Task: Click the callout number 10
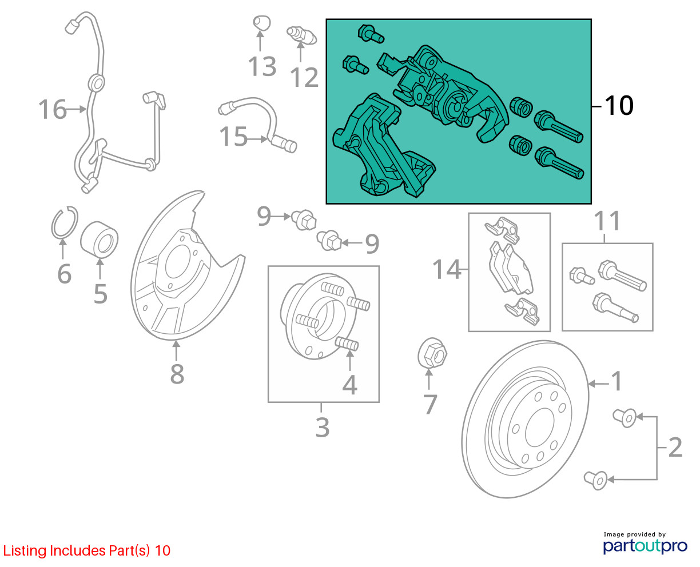(619, 106)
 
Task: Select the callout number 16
(53, 109)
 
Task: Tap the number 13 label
(262, 67)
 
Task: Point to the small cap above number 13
(261, 23)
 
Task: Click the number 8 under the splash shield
(177, 374)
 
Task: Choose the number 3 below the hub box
(323, 427)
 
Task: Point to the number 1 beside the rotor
(617, 381)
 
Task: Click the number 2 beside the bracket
(675, 448)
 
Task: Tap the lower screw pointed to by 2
(595, 479)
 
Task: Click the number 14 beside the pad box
(447, 269)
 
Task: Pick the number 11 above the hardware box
(607, 221)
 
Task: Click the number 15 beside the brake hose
(234, 137)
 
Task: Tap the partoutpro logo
(645, 544)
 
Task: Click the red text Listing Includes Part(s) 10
(87, 551)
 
